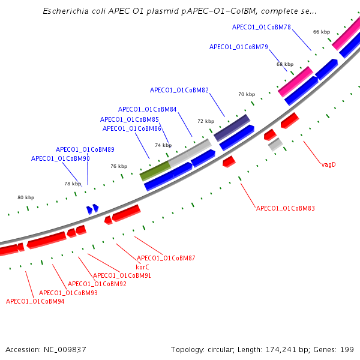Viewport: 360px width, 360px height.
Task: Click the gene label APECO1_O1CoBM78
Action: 261,27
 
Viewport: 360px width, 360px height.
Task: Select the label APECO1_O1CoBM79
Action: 238,47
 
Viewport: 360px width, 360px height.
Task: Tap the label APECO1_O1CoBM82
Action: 179,91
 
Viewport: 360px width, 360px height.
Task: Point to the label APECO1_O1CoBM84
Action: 147,110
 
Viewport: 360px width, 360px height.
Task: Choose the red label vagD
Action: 328,164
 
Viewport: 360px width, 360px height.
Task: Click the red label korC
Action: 142,267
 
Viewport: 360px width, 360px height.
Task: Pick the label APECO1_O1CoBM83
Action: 285,209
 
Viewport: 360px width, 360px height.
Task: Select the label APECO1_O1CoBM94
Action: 35,301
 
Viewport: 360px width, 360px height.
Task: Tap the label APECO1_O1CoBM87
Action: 166,258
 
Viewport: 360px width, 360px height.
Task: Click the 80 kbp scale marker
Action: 26,197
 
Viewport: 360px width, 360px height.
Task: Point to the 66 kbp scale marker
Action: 321,32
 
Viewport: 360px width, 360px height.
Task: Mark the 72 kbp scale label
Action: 205,121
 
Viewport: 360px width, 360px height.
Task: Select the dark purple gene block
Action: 232,128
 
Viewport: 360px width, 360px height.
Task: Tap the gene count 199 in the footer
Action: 347,349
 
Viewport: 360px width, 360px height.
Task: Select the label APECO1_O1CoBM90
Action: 60,158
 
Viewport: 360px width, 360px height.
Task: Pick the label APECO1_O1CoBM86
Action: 131,128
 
